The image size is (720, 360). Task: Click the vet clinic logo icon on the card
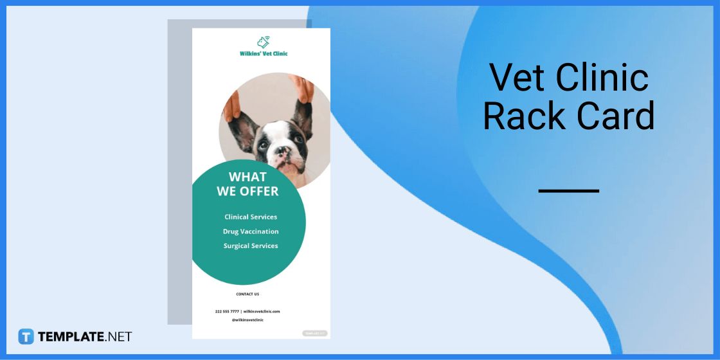[x=263, y=42]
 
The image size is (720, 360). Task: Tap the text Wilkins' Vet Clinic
[x=264, y=53]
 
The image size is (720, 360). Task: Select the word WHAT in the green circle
[x=248, y=177]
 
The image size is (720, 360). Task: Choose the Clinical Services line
[x=251, y=217]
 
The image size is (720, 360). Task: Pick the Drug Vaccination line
[x=251, y=231]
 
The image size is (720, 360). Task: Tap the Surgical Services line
[x=251, y=246]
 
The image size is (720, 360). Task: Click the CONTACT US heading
[x=248, y=294]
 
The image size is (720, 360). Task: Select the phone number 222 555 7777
[x=227, y=311]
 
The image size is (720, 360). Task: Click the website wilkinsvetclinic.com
[x=262, y=311]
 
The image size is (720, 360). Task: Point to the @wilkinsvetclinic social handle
[x=248, y=319]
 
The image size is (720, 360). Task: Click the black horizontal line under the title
[x=568, y=191]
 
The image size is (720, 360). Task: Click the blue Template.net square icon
[x=26, y=336]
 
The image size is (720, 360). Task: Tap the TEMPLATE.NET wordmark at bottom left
[x=85, y=336]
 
